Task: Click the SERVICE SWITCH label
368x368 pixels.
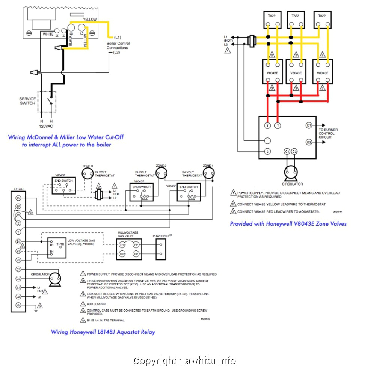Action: pyautogui.click(x=27, y=101)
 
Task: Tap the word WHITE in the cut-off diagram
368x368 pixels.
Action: pyautogui.click(x=48, y=34)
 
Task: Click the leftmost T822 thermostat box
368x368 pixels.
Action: pyautogui.click(x=272, y=21)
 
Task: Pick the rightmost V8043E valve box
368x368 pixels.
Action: pyautogui.click(x=323, y=72)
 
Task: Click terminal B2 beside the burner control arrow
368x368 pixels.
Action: pyautogui.click(x=309, y=142)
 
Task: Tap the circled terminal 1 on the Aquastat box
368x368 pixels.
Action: pyautogui.click(x=267, y=141)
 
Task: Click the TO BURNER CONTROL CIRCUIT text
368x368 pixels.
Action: pyautogui.click(x=328, y=134)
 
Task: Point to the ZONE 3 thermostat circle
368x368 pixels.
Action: pyautogui.click(x=87, y=173)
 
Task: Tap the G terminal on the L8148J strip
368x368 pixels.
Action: pyautogui.click(x=18, y=305)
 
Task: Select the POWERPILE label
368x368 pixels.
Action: pyautogui.click(x=162, y=236)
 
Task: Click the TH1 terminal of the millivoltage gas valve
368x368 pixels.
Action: pyautogui.click(x=122, y=244)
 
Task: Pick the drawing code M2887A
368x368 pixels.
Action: pyautogui.click(x=205, y=319)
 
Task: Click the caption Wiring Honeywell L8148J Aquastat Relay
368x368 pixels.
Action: pyautogui.click(x=103, y=332)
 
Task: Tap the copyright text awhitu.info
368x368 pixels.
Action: pyautogui.click(x=184, y=361)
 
